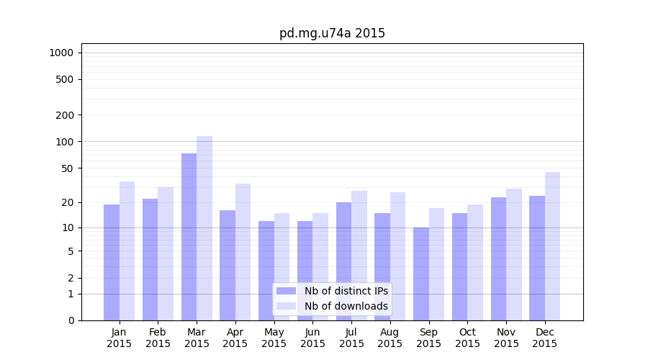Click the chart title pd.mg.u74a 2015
coord(332,34)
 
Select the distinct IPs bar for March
coord(189,237)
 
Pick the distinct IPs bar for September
coord(421,274)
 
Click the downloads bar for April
coord(243,252)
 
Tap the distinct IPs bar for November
coord(498,258)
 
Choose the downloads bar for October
coord(475,262)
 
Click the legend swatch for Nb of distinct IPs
coord(286,291)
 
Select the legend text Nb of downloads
coord(346,306)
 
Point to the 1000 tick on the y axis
coord(61,53)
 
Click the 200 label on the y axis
coord(65,115)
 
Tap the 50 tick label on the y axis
coord(67,168)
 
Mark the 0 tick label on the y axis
coord(71,320)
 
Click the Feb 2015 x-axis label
coord(158,338)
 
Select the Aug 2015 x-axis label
coord(390,338)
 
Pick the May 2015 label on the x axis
coord(274,338)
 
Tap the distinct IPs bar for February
coord(150,259)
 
